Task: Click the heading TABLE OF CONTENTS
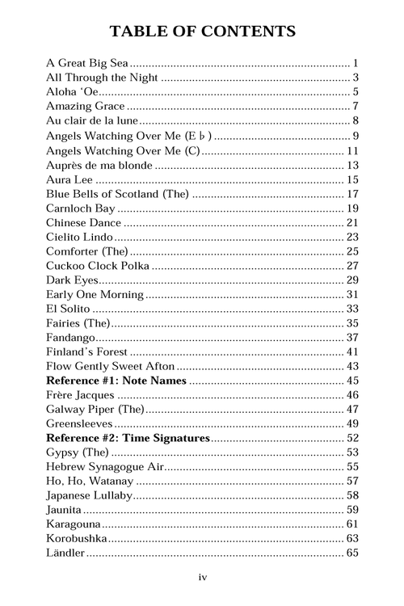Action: click(x=202, y=32)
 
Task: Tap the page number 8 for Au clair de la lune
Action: click(x=356, y=120)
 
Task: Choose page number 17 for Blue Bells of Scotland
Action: click(x=352, y=194)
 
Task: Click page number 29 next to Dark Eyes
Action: click(x=352, y=280)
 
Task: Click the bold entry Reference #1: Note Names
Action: click(x=116, y=381)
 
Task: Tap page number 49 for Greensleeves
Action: click(x=352, y=423)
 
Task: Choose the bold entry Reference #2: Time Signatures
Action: click(x=128, y=438)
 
